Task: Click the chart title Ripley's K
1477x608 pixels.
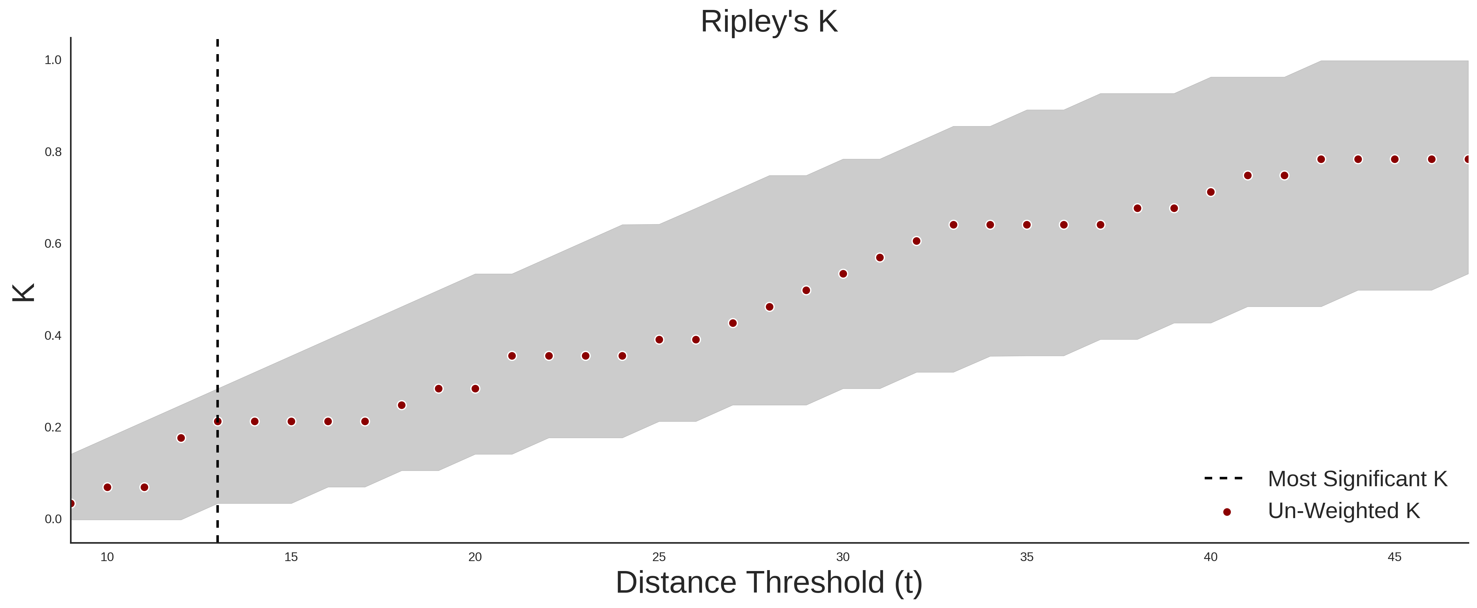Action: coord(769,22)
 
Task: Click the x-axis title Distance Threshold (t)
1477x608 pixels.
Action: coord(769,583)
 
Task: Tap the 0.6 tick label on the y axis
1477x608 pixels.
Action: coord(53,244)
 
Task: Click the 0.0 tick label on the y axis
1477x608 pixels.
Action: coord(53,519)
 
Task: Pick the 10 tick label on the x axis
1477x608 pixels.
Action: coord(107,557)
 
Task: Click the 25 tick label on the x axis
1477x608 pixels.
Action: coord(659,557)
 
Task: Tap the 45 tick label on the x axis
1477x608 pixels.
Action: coord(1394,557)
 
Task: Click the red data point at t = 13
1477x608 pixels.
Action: coord(218,422)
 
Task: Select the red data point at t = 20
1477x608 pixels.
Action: coord(475,389)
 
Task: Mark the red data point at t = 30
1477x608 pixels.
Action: coord(843,274)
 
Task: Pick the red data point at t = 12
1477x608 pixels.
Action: coord(181,438)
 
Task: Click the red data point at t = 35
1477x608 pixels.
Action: coord(1027,225)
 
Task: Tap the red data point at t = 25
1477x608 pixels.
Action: coord(659,339)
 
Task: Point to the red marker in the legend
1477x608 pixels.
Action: coord(1226,512)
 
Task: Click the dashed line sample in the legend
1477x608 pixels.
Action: coord(1224,478)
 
